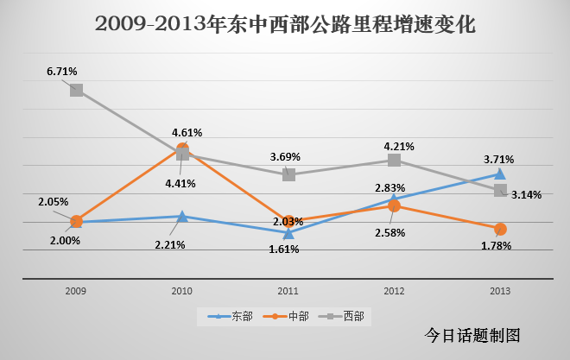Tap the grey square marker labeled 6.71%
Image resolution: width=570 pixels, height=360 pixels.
(x=76, y=90)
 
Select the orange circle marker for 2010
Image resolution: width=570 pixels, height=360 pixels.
(x=182, y=149)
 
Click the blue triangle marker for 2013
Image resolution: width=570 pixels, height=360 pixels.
(x=500, y=174)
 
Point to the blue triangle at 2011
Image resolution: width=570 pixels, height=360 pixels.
(x=288, y=233)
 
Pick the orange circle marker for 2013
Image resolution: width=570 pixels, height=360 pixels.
(x=500, y=229)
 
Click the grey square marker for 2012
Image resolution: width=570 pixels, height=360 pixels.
(x=394, y=160)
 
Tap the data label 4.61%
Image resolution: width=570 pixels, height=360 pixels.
(x=187, y=132)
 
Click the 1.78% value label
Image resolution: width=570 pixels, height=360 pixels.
(x=496, y=245)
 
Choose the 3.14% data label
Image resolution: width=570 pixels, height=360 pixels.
(x=526, y=194)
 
